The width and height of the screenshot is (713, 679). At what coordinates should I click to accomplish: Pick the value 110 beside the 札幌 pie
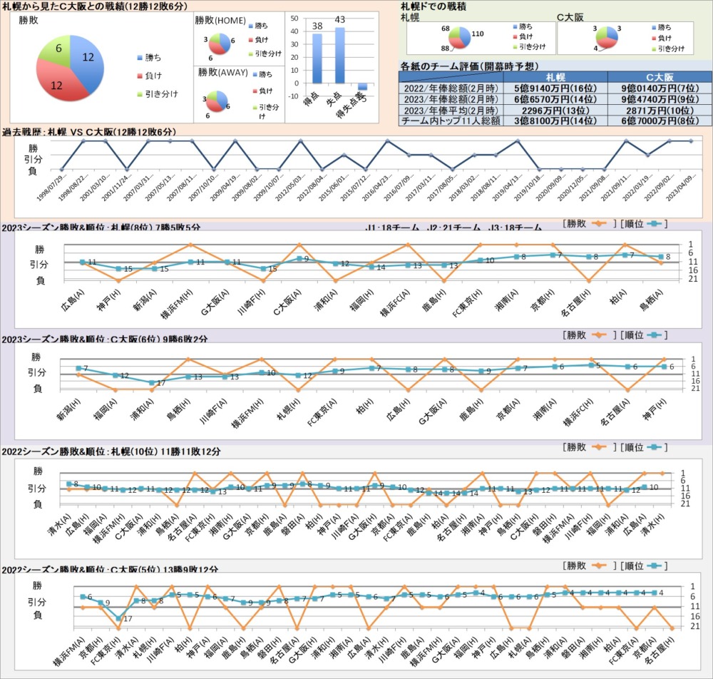click(478, 34)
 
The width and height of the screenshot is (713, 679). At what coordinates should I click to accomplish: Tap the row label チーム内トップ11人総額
click(451, 122)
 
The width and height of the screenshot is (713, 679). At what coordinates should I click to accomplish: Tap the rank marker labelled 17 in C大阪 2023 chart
click(151, 382)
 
